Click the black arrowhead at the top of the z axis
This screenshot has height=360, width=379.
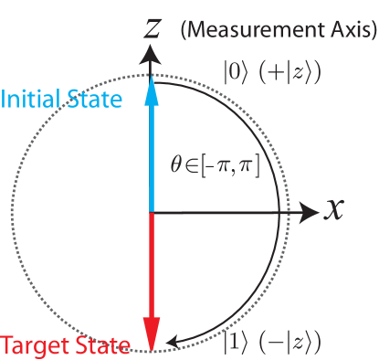click(x=153, y=55)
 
